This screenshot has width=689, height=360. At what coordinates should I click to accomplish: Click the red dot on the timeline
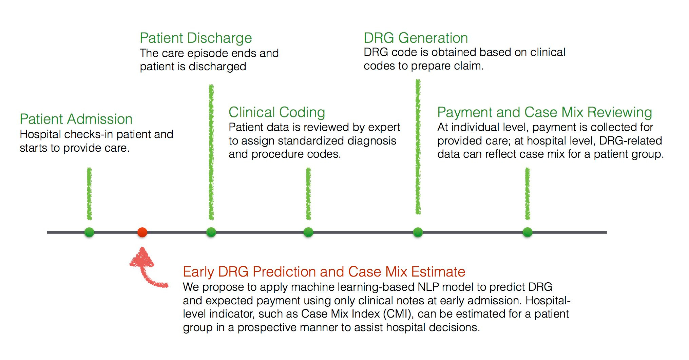coord(142,232)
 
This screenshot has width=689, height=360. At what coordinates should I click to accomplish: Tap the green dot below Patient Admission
coord(89,232)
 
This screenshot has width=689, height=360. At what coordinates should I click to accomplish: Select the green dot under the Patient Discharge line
coord(211,232)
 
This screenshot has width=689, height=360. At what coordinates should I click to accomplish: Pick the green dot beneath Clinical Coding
coord(308,232)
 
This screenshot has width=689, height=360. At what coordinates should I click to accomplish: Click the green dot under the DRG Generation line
coord(418,232)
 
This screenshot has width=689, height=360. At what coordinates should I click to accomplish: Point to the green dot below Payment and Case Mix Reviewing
coord(528,232)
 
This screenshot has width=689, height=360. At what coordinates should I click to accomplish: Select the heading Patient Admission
coord(76,119)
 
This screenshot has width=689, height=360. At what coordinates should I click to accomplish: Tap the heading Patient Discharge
coord(196,38)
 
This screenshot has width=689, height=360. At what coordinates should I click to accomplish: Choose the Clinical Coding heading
coord(277,113)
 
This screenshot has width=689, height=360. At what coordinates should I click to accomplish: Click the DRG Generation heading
coord(416,38)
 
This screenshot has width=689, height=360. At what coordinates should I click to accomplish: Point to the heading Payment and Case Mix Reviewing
coord(544,113)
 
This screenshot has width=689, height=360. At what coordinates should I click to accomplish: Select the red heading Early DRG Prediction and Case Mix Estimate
coord(324,272)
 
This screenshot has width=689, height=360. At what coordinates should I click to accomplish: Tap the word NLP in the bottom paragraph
coord(428,287)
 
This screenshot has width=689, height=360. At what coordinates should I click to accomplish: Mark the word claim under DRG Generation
coord(469,66)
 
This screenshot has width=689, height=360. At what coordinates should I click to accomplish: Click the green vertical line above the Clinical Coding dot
coord(308,194)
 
